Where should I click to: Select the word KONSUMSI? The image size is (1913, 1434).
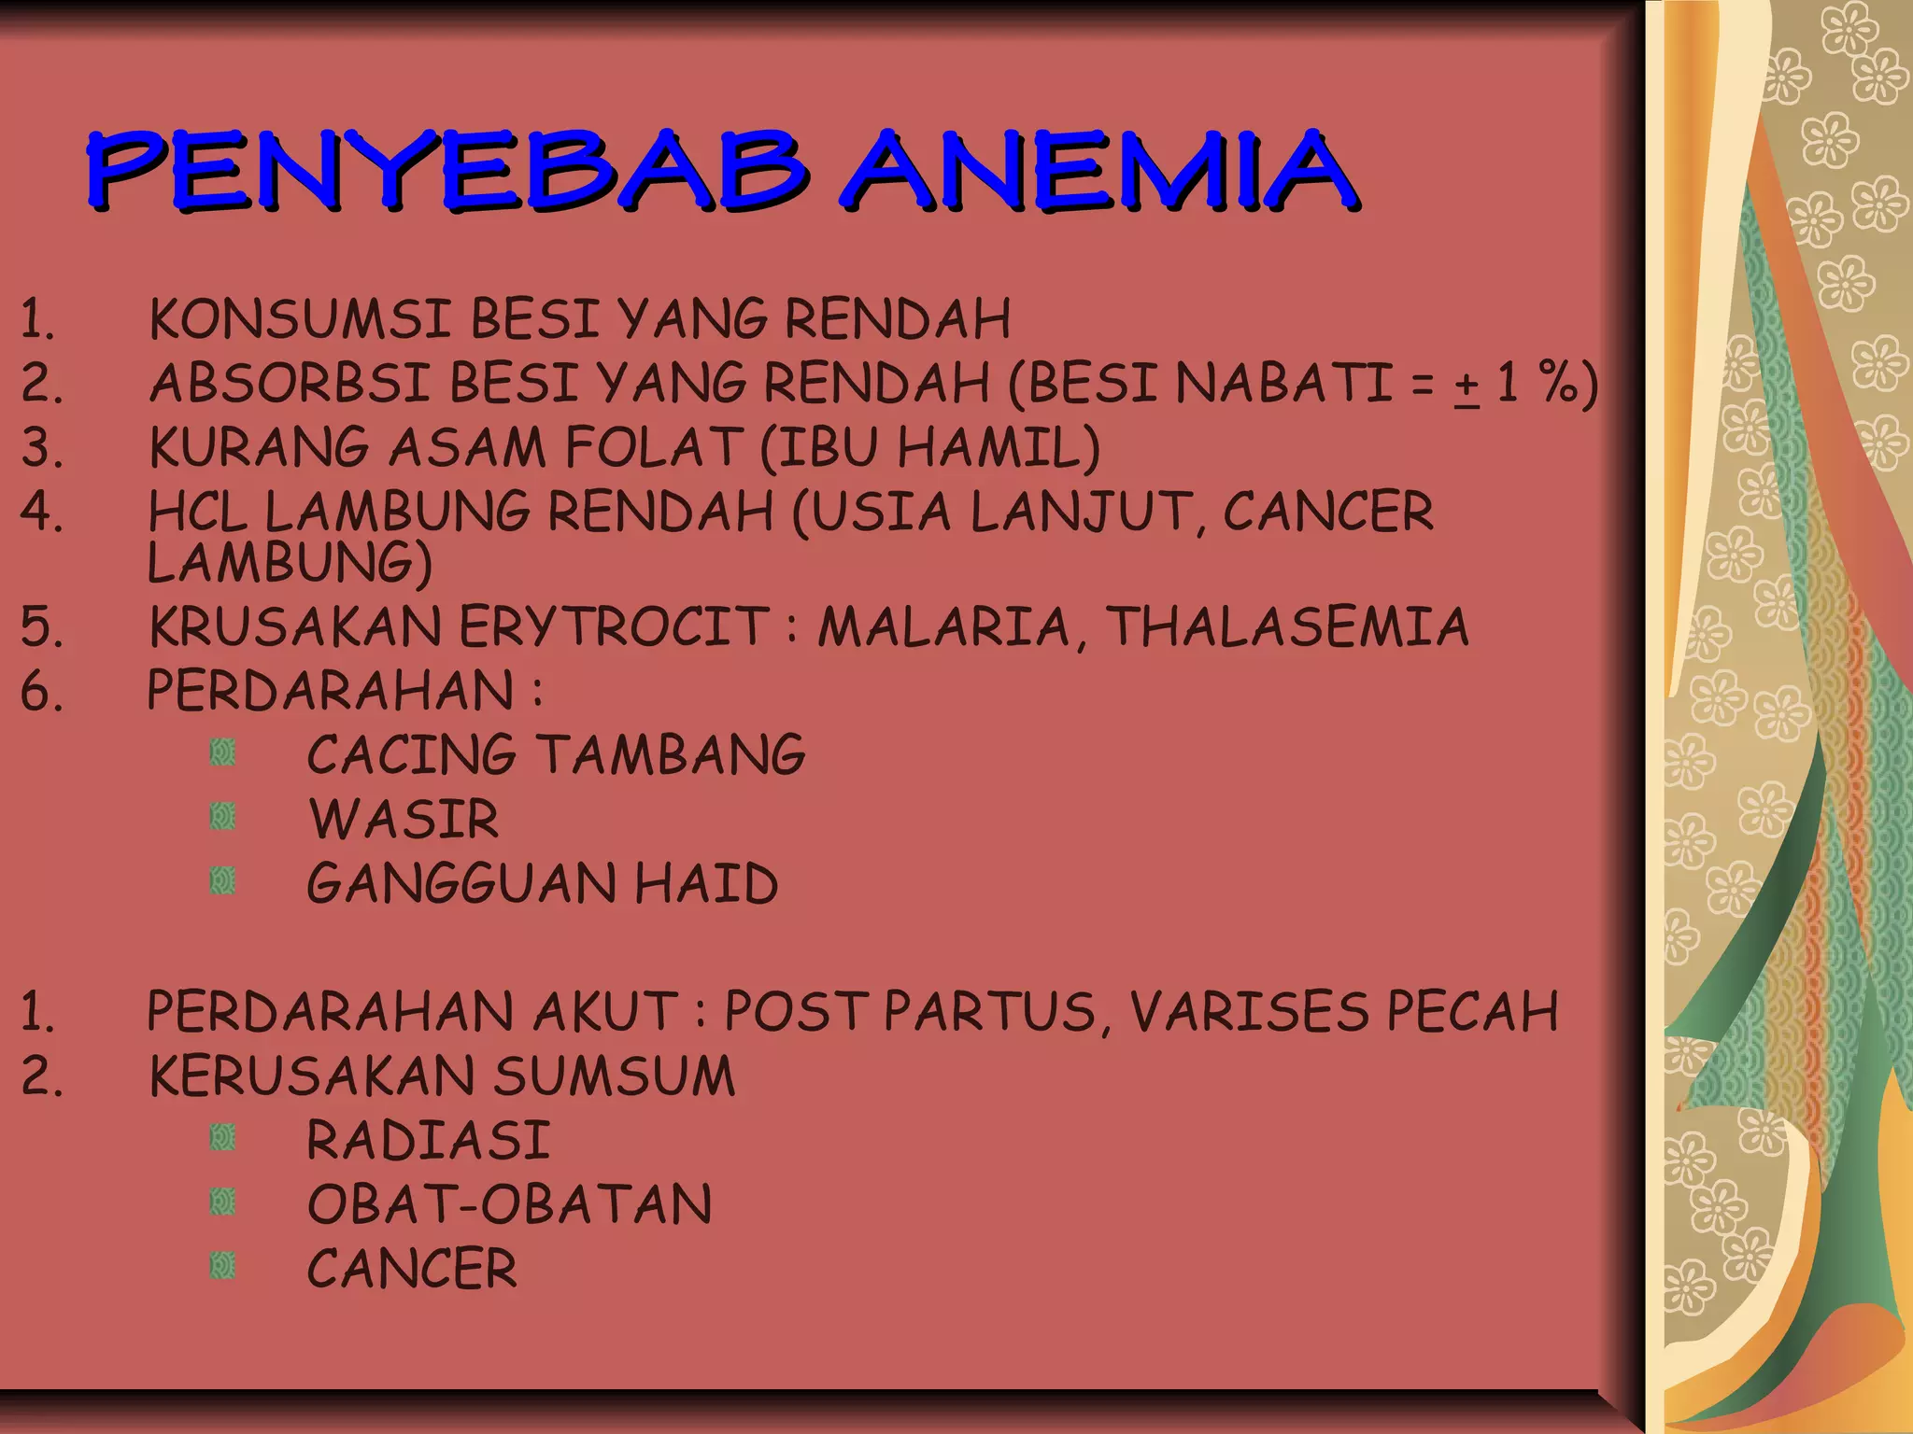[300, 319]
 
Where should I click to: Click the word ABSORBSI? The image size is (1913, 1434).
[290, 384]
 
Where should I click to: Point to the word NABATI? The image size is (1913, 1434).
[1284, 384]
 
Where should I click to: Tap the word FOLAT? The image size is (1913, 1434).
[654, 447]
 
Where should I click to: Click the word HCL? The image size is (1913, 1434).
[197, 513]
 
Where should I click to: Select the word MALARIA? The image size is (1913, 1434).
[943, 626]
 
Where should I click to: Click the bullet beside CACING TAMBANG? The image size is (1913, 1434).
[222, 752]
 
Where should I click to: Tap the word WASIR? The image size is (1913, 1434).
[404, 819]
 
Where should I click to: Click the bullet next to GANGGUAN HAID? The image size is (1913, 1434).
[222, 880]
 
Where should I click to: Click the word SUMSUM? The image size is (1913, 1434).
[614, 1076]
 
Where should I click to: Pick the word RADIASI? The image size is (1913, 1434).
[428, 1141]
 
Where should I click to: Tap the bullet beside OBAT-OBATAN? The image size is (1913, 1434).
[222, 1202]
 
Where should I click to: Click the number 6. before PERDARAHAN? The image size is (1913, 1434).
[42, 692]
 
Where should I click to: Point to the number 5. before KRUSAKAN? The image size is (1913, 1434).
[42, 626]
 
